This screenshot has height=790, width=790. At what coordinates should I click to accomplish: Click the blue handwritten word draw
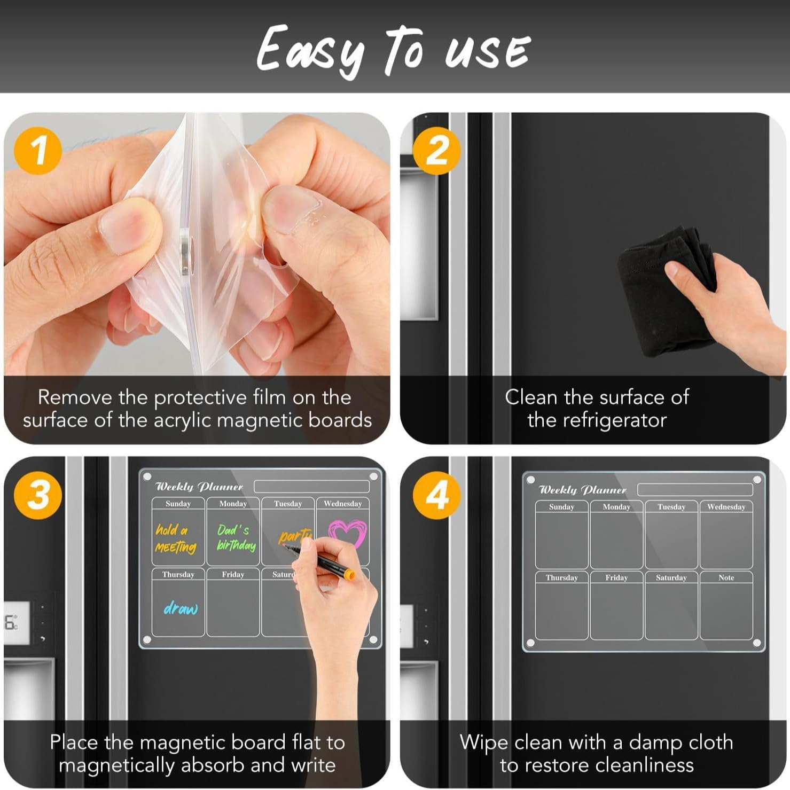(x=181, y=608)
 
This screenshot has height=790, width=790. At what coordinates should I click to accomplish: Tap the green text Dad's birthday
(x=235, y=537)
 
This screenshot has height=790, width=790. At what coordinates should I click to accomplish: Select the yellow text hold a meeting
(x=175, y=538)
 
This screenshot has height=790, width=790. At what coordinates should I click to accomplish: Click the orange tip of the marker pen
(x=349, y=575)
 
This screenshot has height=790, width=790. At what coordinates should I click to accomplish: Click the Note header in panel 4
(x=726, y=577)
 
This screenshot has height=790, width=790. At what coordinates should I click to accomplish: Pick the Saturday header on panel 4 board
(x=671, y=577)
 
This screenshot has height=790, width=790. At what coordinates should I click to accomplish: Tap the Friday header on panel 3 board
(x=233, y=574)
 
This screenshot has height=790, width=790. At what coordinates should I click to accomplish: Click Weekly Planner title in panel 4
(x=582, y=490)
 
